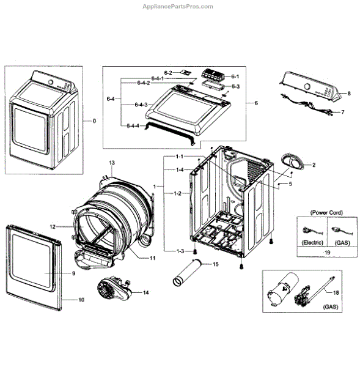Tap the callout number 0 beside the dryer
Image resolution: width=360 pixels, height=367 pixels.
[x=94, y=120]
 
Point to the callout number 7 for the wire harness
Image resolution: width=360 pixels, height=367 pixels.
[x=342, y=112]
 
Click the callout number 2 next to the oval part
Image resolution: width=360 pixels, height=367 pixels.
[x=314, y=165]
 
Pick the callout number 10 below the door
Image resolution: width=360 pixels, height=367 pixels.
[x=81, y=300]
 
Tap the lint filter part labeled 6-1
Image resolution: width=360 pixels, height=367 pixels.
[x=215, y=76]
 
